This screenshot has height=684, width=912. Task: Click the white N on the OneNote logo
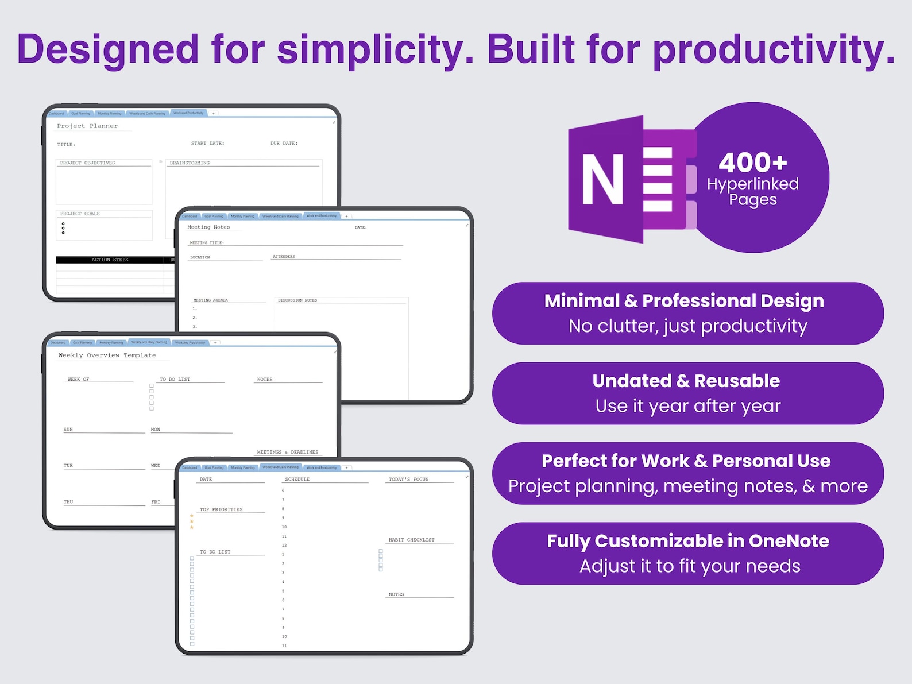(x=603, y=179)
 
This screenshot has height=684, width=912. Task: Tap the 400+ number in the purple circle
(x=752, y=163)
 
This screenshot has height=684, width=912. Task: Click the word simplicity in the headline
(x=375, y=50)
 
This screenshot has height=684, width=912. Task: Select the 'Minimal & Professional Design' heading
(x=684, y=301)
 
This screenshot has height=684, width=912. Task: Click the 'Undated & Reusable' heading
(x=686, y=381)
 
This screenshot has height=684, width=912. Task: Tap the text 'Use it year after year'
(x=688, y=406)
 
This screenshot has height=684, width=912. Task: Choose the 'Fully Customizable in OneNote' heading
(x=688, y=541)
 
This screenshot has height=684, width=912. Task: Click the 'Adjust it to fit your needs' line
(x=690, y=566)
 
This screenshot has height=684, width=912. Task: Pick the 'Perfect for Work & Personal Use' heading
(x=686, y=461)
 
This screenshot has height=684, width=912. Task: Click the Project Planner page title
(x=87, y=126)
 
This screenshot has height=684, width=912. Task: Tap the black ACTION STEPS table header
(x=110, y=260)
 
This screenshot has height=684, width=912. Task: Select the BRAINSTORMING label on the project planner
(x=190, y=163)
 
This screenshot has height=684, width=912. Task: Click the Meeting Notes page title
(x=208, y=227)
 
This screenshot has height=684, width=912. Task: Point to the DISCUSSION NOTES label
(x=297, y=300)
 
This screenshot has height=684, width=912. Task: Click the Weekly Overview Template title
(x=107, y=355)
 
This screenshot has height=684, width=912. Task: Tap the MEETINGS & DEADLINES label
(x=287, y=453)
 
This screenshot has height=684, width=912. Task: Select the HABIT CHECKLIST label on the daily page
(x=411, y=540)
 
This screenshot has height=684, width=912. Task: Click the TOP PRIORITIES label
(x=221, y=510)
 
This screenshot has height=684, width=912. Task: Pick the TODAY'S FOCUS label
(x=408, y=480)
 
